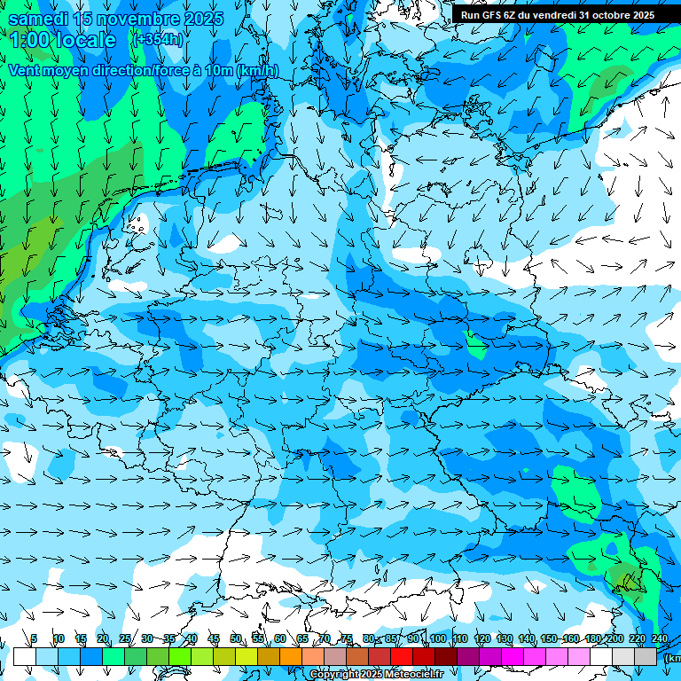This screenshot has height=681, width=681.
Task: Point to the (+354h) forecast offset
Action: (158, 40)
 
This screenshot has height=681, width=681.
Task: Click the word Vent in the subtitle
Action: (26, 71)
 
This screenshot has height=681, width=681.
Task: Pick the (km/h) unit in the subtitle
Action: (254, 71)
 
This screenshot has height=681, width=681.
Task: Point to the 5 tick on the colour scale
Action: (34, 638)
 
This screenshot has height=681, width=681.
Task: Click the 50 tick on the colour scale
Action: (236, 638)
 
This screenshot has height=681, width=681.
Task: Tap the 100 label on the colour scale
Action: (437, 638)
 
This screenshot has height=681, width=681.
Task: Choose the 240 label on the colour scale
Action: (660, 638)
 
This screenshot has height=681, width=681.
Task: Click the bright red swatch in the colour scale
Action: (402, 656)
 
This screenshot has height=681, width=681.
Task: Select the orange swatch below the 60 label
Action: (291, 656)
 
